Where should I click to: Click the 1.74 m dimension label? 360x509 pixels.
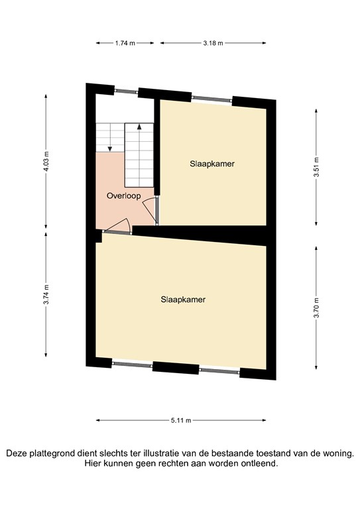click(x=125, y=43)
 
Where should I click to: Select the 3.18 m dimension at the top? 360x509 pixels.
click(x=212, y=43)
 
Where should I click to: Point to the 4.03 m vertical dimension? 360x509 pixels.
click(x=46, y=162)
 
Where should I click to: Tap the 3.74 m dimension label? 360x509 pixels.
click(x=46, y=298)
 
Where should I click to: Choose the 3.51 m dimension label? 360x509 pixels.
click(x=316, y=162)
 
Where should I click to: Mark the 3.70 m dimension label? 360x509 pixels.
click(x=316, y=305)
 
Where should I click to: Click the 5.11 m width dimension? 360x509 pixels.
click(x=181, y=420)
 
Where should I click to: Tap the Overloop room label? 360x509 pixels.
click(x=123, y=196)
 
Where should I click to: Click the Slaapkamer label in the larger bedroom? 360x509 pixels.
click(x=183, y=299)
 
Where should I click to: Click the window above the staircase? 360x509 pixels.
click(x=125, y=90)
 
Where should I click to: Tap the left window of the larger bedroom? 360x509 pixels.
click(x=132, y=363)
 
